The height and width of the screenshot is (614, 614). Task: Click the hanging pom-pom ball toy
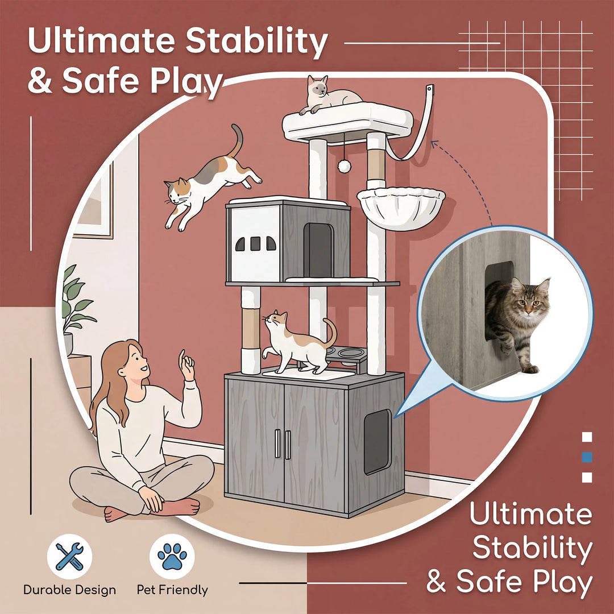pyautogui.click(x=344, y=166)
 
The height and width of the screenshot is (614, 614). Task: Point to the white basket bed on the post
pyautogui.click(x=401, y=207)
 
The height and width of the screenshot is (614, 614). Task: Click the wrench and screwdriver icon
pyautogui.click(x=69, y=557)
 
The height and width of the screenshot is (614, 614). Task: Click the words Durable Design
pyautogui.click(x=70, y=590)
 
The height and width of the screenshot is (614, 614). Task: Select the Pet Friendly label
pyautogui.click(x=172, y=590)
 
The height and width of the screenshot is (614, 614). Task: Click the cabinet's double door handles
pyautogui.click(x=283, y=444)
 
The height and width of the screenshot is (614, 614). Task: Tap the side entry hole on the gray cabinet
pyautogui.click(x=377, y=442)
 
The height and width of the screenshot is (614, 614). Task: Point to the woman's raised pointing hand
pyautogui.click(x=186, y=366)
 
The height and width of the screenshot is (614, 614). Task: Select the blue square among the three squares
pyautogui.click(x=587, y=457)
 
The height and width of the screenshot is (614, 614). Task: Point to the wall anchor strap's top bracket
pyautogui.click(x=431, y=90)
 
